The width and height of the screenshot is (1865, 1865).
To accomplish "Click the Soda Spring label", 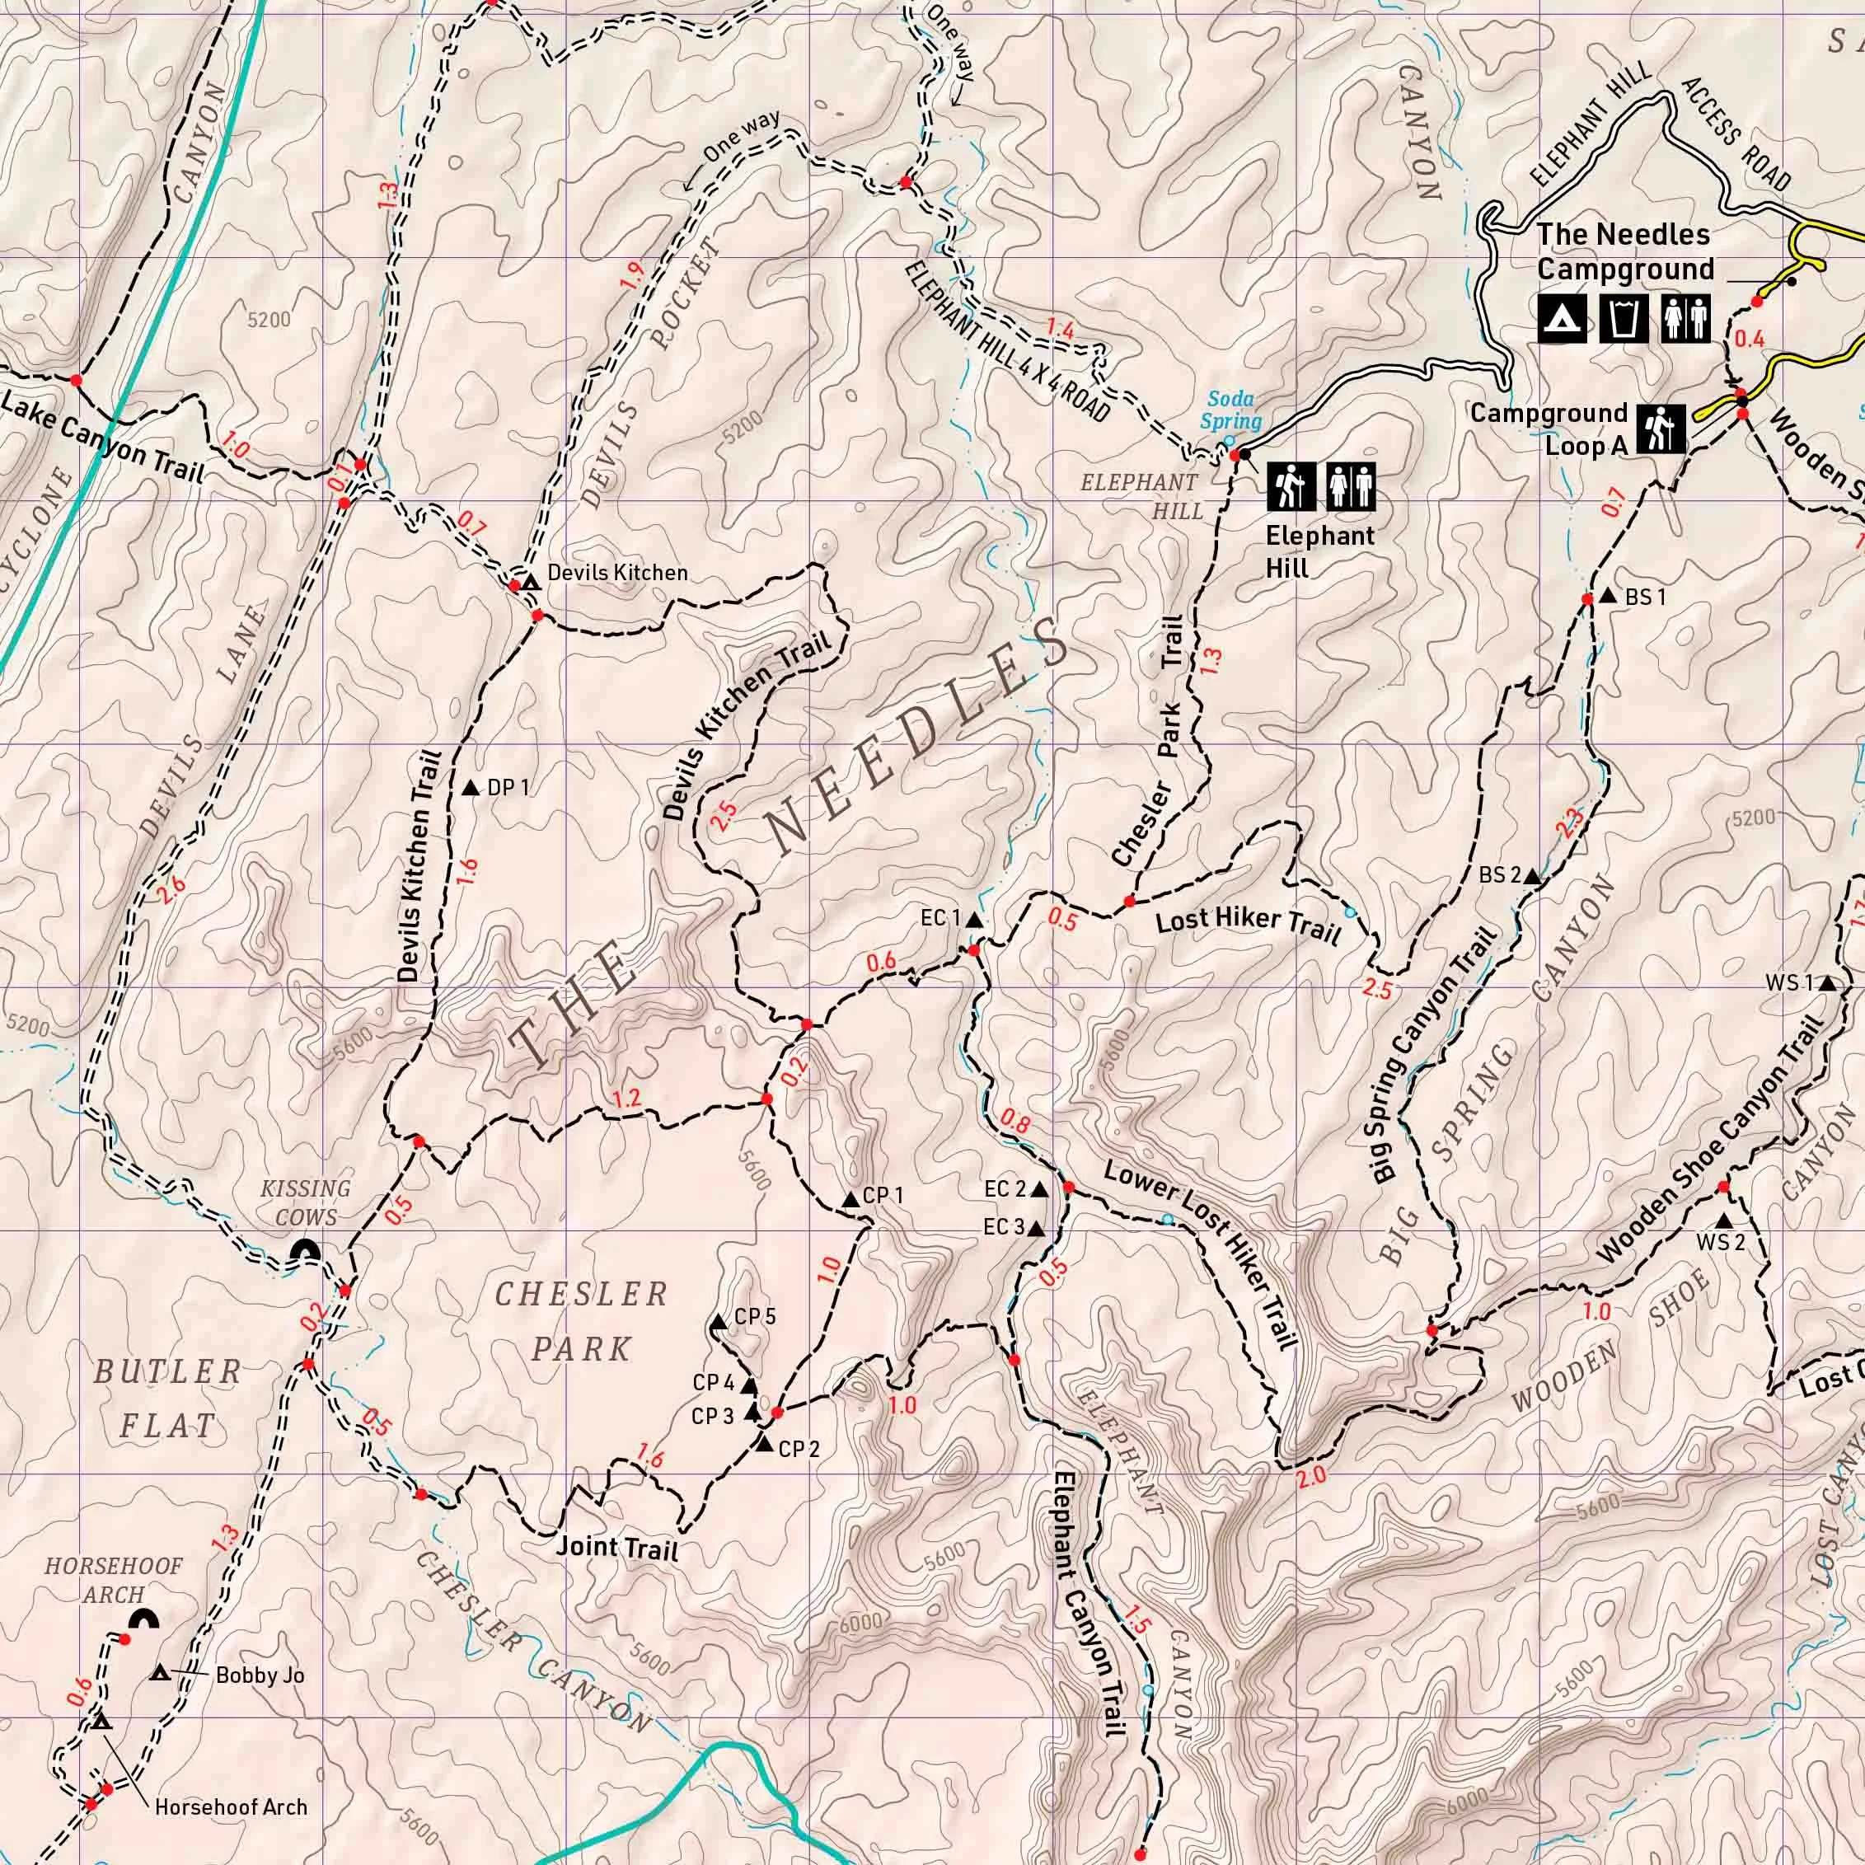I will tap(1230, 410).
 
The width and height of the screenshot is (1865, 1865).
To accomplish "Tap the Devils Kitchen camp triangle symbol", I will tap(528, 582).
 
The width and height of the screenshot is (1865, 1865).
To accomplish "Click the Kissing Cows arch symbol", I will tap(306, 1250).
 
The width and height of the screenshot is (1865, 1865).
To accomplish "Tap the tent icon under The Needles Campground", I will tap(1560, 320).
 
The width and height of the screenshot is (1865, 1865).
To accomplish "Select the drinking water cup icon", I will tap(1624, 320).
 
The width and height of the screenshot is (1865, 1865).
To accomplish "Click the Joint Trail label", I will tap(616, 1548).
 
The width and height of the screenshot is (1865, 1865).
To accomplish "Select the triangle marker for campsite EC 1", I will tap(974, 921).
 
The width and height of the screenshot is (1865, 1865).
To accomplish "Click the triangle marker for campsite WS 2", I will tap(1723, 1221).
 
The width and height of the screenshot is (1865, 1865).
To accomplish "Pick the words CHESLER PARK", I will tap(581, 1320).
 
